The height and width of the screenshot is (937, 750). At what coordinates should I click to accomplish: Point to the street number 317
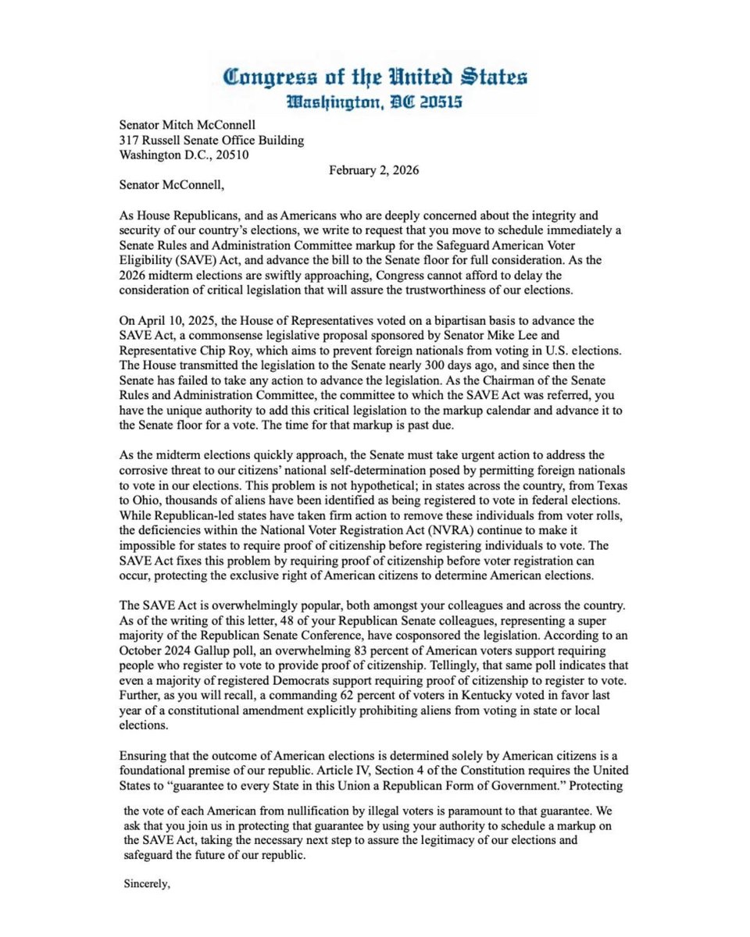(129, 141)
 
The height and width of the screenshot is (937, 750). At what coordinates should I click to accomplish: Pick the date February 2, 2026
(373, 170)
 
